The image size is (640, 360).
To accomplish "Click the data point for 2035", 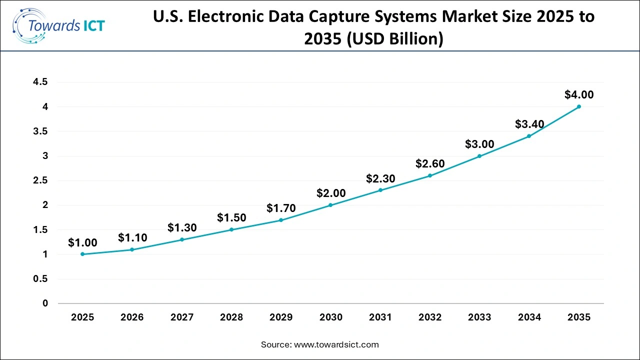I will pos(578,106).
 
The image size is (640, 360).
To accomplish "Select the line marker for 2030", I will pos(330,205).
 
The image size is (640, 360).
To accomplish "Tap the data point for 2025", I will pos(82,254).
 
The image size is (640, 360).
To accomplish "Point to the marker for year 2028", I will pos(231,229).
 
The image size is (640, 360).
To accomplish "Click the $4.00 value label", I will pos(579,94).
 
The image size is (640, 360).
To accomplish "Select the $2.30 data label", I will pos(380,178).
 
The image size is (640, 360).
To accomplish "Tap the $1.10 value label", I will pos(132,238).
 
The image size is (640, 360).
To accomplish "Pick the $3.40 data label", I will pos(529,124).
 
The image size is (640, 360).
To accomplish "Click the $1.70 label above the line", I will pos(281,208).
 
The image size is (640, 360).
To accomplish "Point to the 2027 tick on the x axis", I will pos(182,317).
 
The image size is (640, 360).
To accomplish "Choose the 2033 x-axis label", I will pos(479,317).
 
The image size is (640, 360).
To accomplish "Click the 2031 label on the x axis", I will pos(380,317).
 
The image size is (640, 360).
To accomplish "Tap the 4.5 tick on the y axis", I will pos(40,82).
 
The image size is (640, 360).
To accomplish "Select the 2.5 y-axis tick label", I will pos(40,180).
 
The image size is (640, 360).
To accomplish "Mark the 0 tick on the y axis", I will pos(45,303).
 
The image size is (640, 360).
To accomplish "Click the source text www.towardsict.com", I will pos(336,344).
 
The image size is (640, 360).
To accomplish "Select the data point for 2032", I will pos(430,175).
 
